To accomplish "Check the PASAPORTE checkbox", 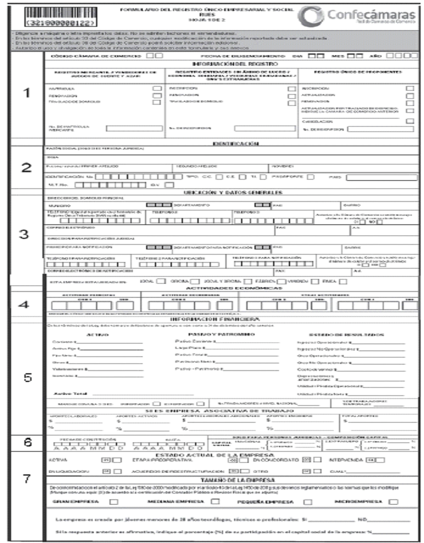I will click(x=310, y=177).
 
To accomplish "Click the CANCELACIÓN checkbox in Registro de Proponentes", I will click(x=409, y=120).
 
